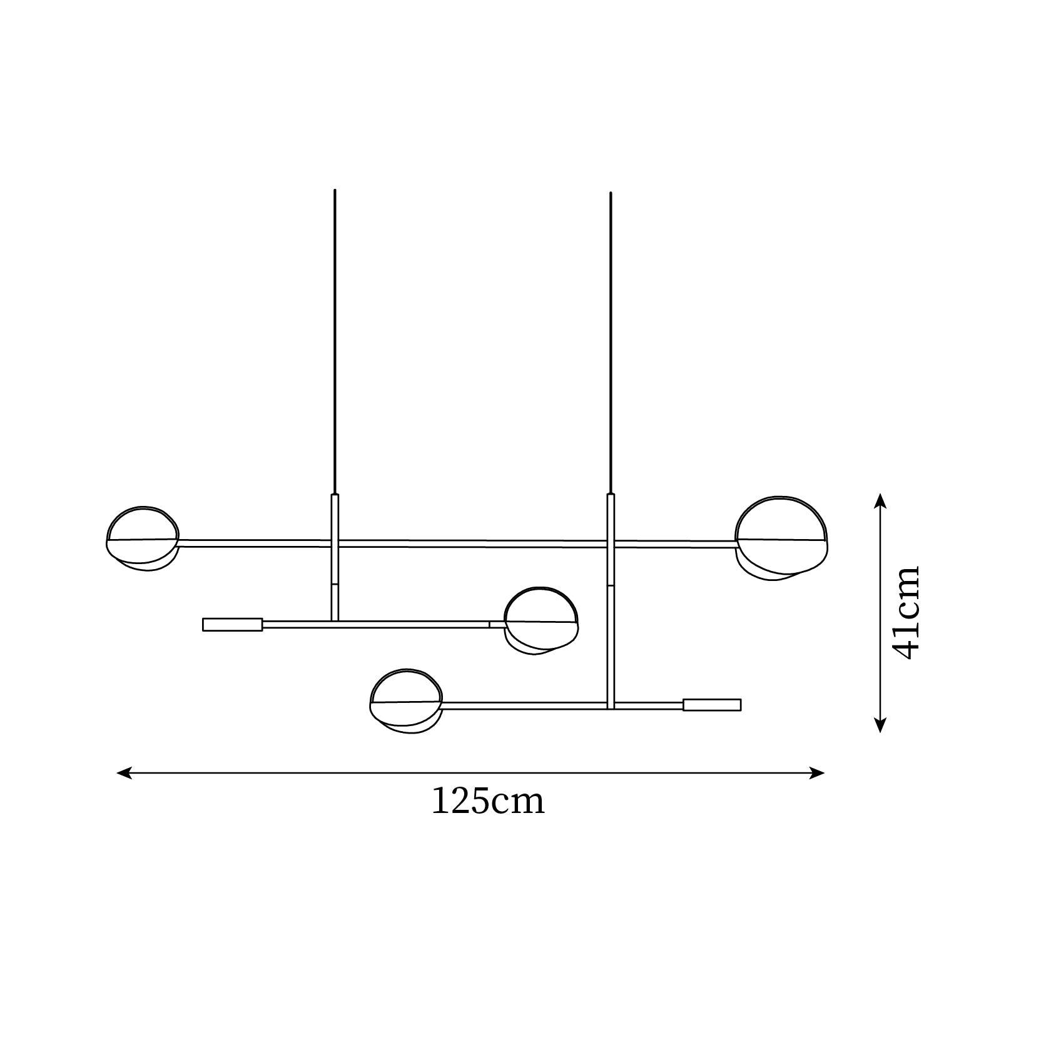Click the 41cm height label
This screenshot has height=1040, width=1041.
[x=906, y=613]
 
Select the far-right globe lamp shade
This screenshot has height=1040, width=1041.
[x=781, y=538]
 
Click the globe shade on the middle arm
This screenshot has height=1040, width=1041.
[x=541, y=620]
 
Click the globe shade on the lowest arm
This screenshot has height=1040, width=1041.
[x=406, y=700]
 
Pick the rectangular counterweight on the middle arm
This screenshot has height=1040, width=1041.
[x=232, y=624]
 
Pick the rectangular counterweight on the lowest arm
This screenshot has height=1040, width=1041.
[x=712, y=705]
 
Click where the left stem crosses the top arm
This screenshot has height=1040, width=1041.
[x=335, y=543]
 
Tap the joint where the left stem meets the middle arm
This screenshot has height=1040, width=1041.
[x=335, y=622]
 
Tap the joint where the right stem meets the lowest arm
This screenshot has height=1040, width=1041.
[x=611, y=705]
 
